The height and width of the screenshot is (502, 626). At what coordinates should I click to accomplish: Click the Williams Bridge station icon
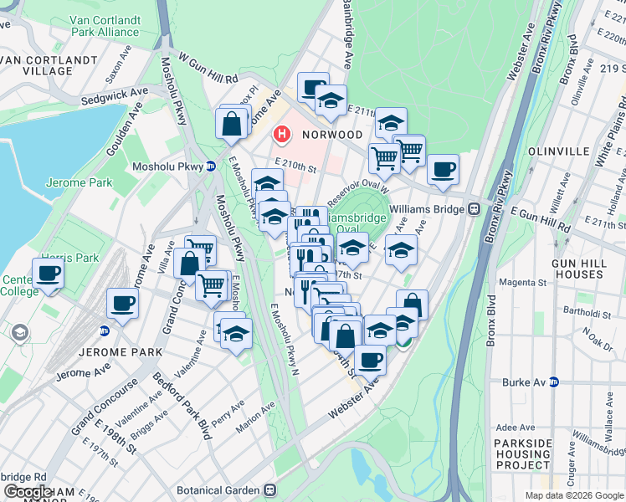tap(474, 208)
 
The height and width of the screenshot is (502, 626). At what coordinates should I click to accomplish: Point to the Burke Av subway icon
tap(552, 382)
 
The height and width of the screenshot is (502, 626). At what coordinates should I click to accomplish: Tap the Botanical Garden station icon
tap(269, 490)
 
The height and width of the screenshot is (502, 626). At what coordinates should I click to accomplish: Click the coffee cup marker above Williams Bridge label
tap(443, 169)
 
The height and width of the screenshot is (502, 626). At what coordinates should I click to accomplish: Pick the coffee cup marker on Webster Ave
tap(370, 361)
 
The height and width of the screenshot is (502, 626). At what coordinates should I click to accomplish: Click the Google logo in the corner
tap(28, 492)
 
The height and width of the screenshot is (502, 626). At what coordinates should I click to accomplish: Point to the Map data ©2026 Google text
tap(574, 495)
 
